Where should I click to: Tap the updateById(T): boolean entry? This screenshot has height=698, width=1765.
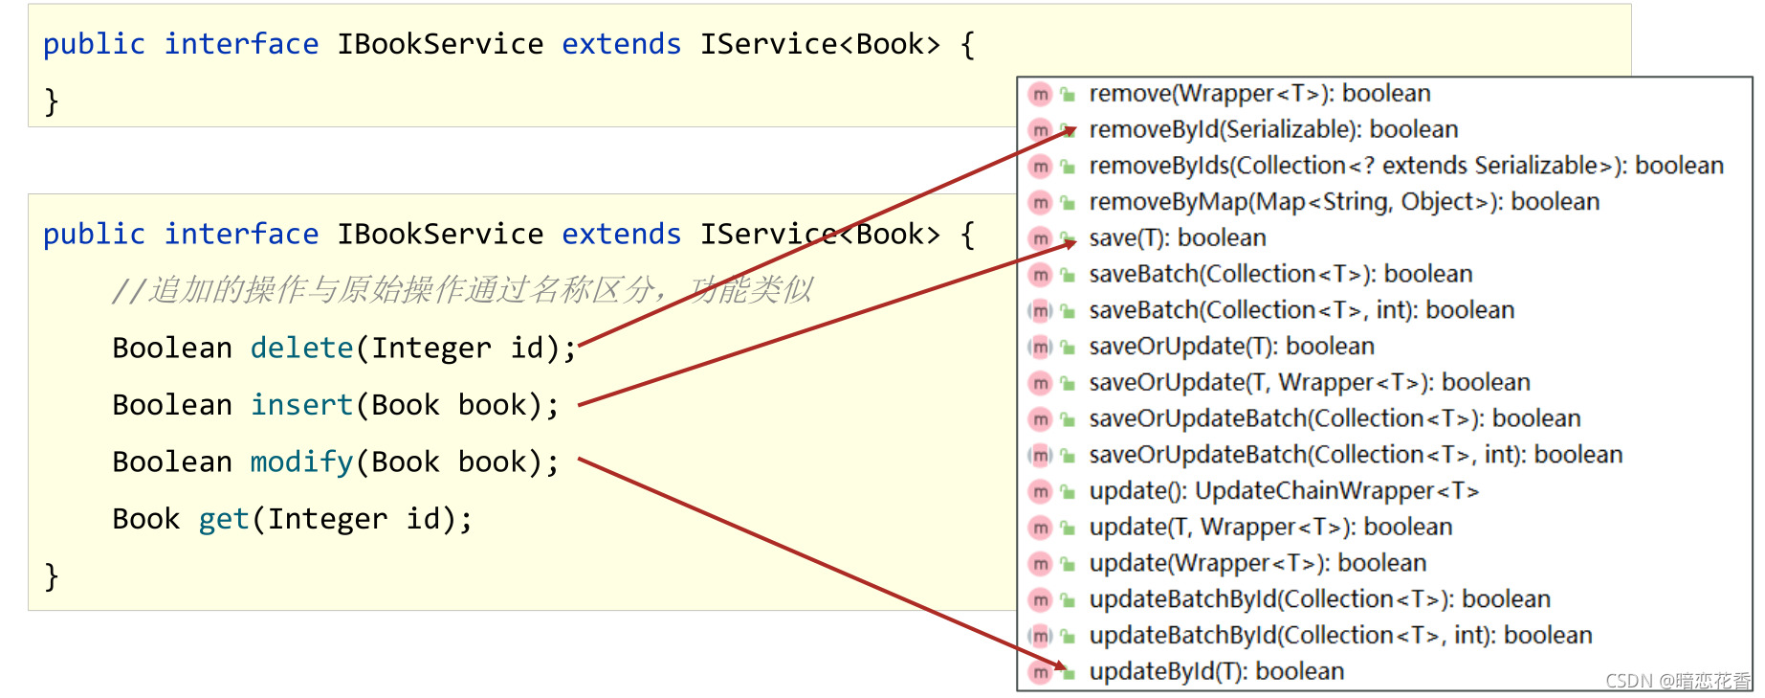[x=1216, y=671]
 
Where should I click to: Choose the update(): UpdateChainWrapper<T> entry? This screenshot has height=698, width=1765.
[x=1283, y=491]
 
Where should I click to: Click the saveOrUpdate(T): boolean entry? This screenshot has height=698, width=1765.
[x=1231, y=346]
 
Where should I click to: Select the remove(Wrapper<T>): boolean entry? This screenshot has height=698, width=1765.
[x=1259, y=94]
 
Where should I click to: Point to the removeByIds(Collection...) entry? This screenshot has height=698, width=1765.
[x=1405, y=166]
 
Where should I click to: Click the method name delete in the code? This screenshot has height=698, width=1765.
[x=301, y=348]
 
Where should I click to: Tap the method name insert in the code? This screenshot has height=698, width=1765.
[x=301, y=405]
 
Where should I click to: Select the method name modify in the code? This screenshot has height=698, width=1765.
[x=301, y=462]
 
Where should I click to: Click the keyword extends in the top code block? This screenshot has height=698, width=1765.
[x=621, y=44]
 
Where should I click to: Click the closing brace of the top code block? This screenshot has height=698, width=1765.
[x=52, y=101]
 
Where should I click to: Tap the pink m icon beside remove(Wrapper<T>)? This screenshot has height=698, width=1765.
[x=1040, y=94]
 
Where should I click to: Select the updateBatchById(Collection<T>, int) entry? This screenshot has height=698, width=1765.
[x=1339, y=635]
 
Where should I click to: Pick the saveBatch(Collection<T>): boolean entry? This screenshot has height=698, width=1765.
[x=1280, y=274]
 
